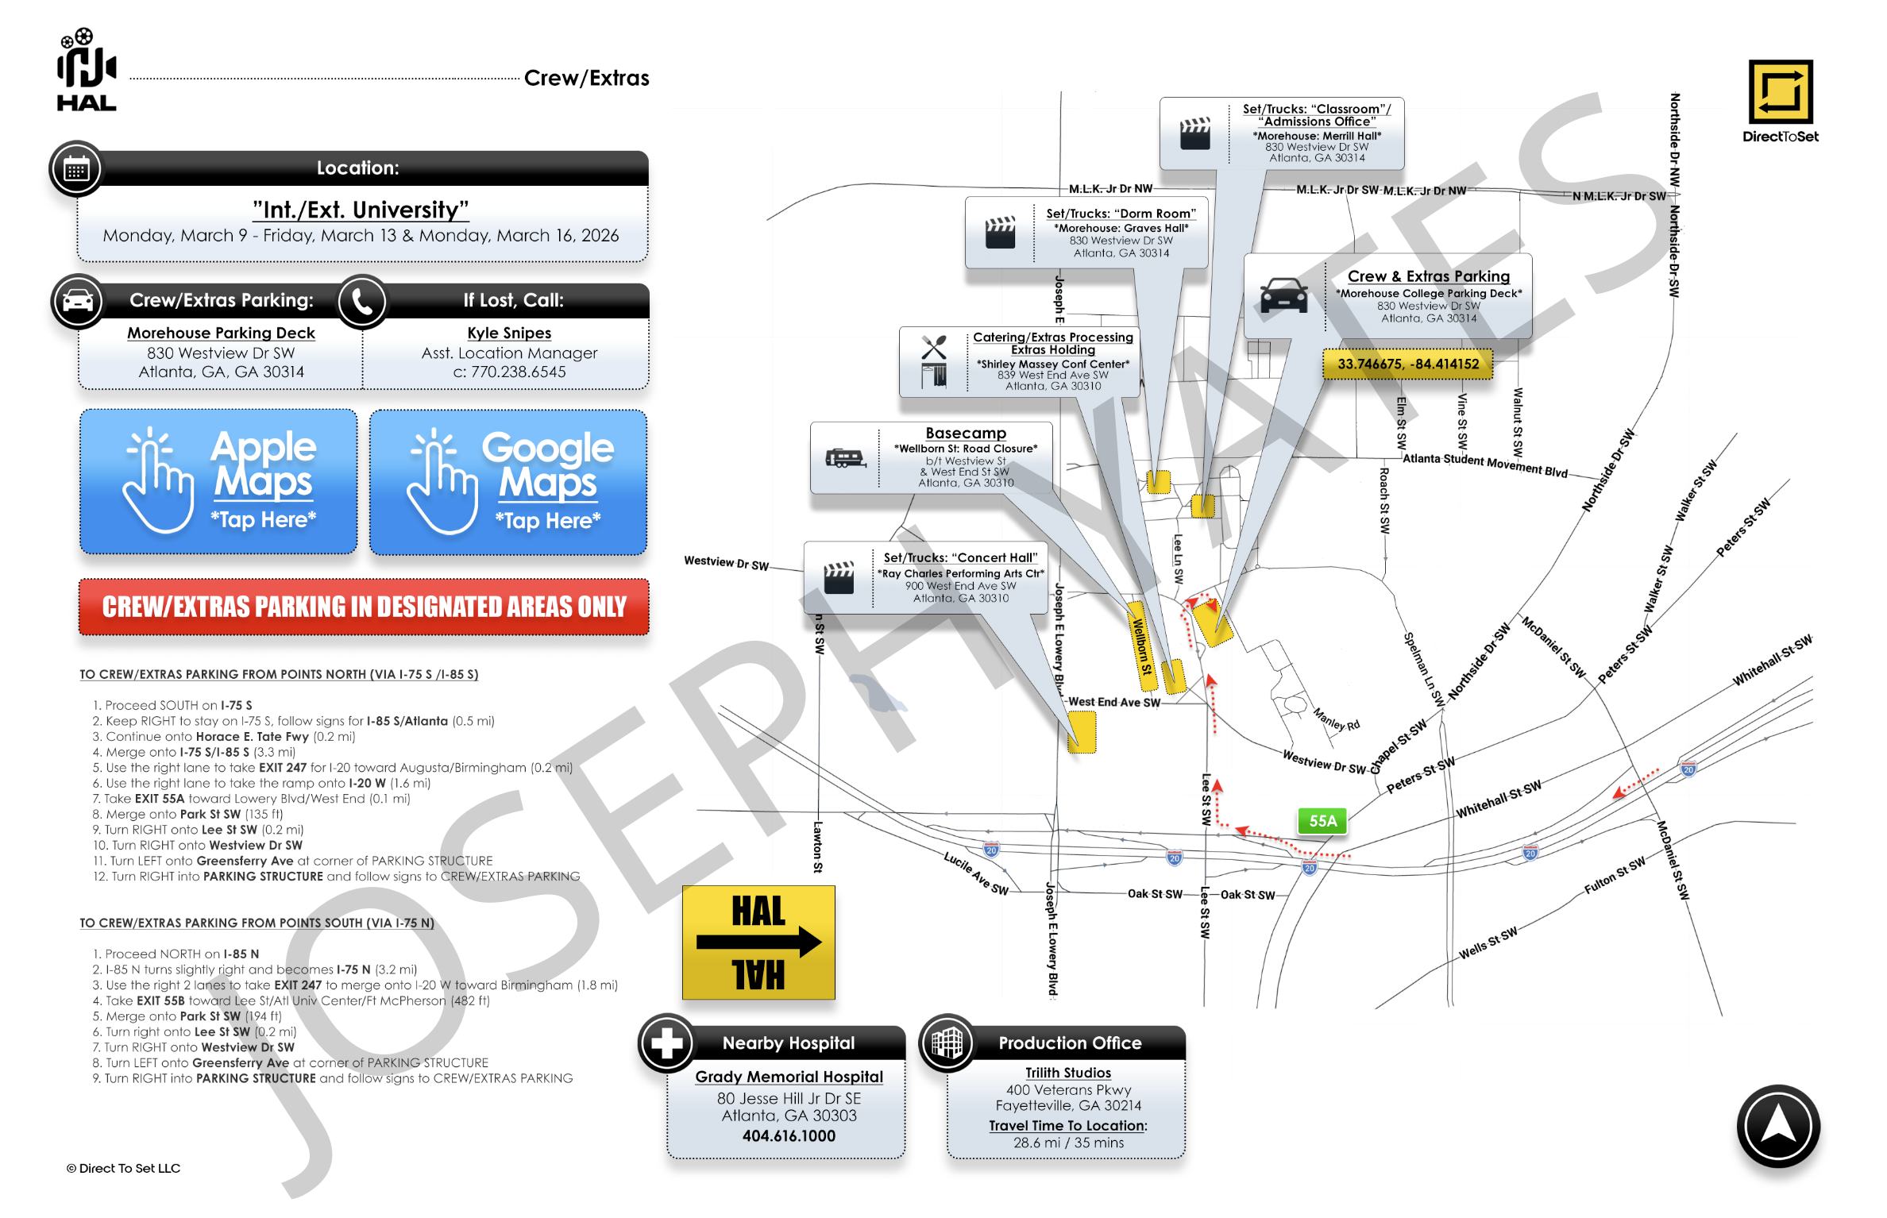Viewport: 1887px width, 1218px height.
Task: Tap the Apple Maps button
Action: [x=218, y=481]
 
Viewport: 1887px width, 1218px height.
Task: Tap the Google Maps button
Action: [x=508, y=482]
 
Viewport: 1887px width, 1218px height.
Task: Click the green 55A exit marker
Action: [x=1322, y=821]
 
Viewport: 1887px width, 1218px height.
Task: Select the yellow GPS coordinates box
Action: [x=1407, y=364]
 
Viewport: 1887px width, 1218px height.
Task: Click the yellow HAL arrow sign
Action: [x=758, y=942]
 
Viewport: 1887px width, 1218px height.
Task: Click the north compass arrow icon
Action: [x=1777, y=1126]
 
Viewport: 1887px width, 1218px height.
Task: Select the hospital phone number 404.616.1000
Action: [x=789, y=1136]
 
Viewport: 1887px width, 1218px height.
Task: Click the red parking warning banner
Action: [x=364, y=607]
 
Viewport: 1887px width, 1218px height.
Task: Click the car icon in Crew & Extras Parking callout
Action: [x=1283, y=295]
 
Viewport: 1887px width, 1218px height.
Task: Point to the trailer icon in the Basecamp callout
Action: [x=845, y=458]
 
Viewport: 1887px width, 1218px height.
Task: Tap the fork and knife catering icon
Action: [x=934, y=348]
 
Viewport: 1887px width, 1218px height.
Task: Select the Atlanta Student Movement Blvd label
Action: [x=1484, y=465]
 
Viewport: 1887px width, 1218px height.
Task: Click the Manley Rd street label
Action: [x=1336, y=719]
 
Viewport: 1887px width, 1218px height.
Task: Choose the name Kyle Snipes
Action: [x=509, y=333]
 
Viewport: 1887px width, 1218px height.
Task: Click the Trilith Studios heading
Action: [x=1067, y=1073]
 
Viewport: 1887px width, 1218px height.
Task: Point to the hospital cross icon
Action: [x=666, y=1043]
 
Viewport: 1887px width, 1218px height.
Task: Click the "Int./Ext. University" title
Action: [x=361, y=210]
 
